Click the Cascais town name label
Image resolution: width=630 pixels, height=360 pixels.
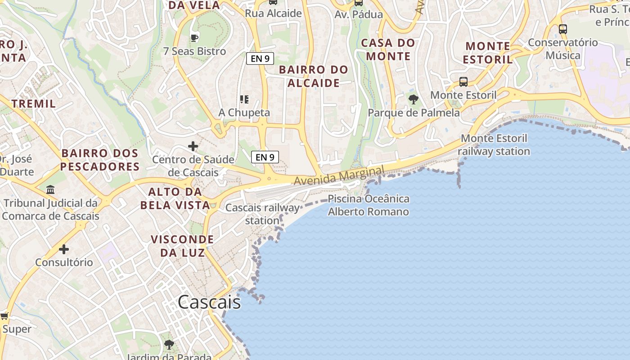click(209, 302)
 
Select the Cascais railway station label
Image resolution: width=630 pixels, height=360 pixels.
click(262, 214)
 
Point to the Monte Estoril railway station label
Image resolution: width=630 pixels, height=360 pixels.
click(494, 145)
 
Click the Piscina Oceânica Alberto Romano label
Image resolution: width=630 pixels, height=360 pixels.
click(369, 205)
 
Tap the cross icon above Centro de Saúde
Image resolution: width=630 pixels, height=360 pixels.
click(193, 146)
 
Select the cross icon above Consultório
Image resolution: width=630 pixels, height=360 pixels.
click(64, 249)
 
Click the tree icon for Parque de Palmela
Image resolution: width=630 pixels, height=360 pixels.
click(413, 99)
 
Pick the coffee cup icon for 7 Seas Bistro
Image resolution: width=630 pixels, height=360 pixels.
click(194, 38)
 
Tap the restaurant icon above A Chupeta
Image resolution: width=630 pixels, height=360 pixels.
click(244, 99)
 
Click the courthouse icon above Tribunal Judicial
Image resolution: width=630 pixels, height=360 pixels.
click(50, 190)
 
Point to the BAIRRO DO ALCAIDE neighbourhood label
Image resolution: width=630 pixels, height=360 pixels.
click(314, 76)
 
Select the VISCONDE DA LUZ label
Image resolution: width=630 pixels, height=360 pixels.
click(182, 246)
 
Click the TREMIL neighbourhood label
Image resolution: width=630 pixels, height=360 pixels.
click(34, 103)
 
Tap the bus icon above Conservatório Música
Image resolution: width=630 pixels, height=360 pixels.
click(562, 29)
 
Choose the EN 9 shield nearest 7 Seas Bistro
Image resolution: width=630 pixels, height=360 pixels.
click(260, 58)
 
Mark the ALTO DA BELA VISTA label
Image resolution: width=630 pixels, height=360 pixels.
click(175, 198)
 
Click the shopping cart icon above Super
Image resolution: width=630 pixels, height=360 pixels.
click(4, 316)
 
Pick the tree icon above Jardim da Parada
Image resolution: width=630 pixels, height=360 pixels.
click(169, 345)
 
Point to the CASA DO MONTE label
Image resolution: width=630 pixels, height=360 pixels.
click(388, 49)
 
